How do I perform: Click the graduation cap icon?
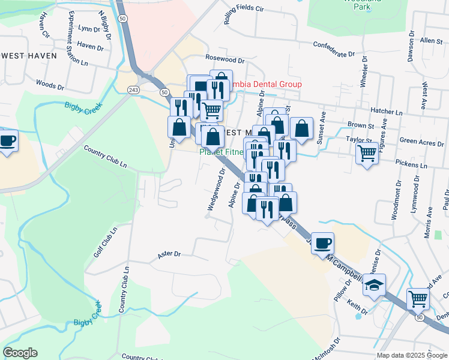[374, 285]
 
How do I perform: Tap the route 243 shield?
[133, 89]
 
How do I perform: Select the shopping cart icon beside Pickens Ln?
[366, 154]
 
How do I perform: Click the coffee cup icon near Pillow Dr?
[323, 243]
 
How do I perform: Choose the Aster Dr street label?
[169, 254]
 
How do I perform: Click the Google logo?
[20, 353]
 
